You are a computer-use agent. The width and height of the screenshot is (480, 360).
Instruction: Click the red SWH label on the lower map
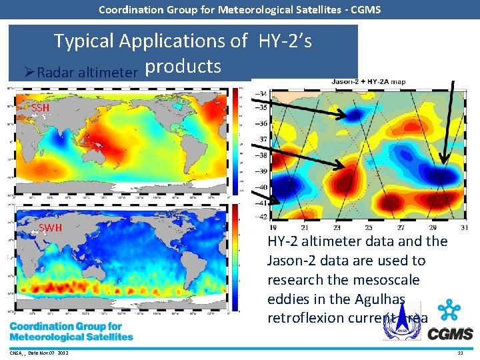(x=50, y=228)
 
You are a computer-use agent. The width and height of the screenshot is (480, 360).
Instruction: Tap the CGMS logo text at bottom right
(x=450, y=333)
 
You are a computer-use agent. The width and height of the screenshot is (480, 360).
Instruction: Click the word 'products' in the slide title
(x=183, y=66)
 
